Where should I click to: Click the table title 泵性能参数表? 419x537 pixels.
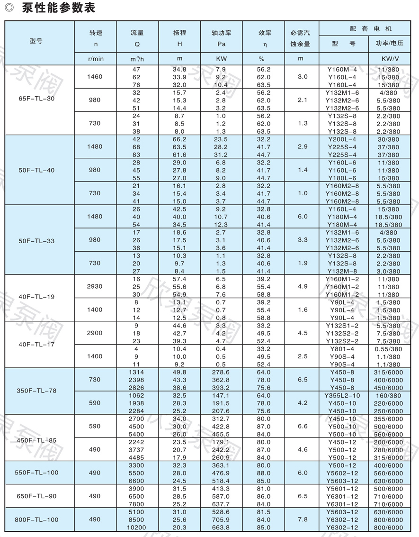pyautogui.click(x=59, y=9)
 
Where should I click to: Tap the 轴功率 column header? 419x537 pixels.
pyautogui.click(x=221, y=33)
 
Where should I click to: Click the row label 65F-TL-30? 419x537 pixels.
pyautogui.click(x=36, y=100)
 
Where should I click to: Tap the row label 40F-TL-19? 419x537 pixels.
pyautogui.click(x=36, y=297)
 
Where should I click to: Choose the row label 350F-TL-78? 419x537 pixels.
pyautogui.click(x=36, y=391)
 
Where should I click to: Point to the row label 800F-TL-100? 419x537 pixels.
pyautogui.click(x=36, y=519)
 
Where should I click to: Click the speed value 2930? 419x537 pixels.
pyautogui.click(x=95, y=286)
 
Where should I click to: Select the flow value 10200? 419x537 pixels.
pyautogui.click(x=137, y=528)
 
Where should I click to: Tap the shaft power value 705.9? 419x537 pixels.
pyautogui.click(x=221, y=519)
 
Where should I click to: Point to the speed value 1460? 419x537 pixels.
pyautogui.click(x=95, y=77)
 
